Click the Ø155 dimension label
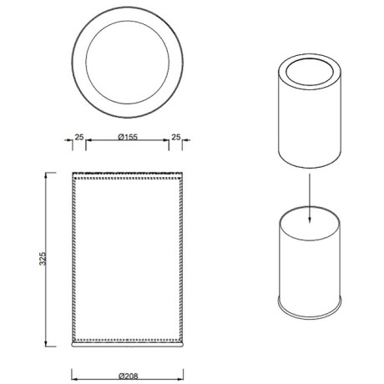(128, 137)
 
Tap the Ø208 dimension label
(129, 376)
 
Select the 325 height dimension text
(43, 259)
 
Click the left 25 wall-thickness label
(79, 137)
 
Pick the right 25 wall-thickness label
(176, 137)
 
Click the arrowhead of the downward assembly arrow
(310, 219)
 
